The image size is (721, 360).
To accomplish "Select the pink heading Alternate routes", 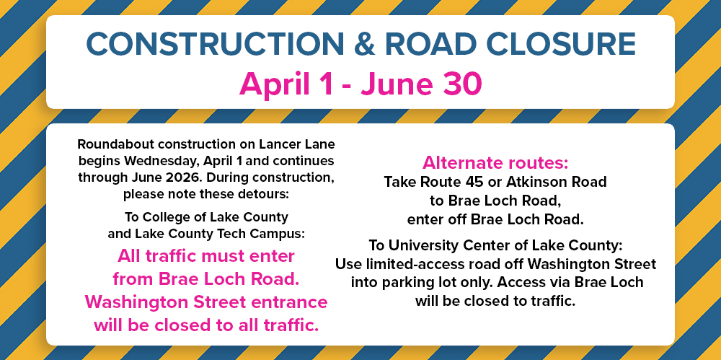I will coord(495,162).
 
